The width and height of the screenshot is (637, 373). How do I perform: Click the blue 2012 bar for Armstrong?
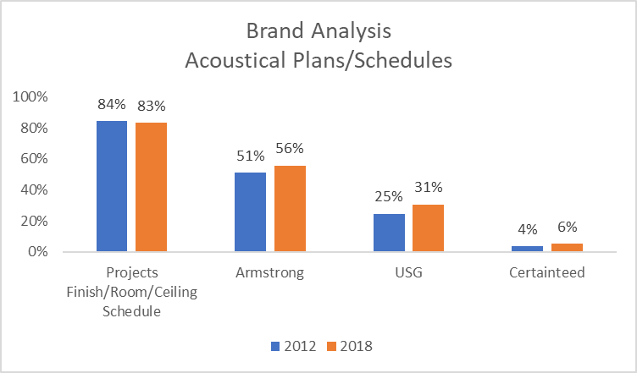[x=250, y=212]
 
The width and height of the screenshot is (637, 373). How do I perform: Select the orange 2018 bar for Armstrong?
[x=290, y=209]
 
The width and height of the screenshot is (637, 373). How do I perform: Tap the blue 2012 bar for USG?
[x=389, y=233]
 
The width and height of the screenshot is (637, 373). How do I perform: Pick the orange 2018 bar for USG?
[x=428, y=228]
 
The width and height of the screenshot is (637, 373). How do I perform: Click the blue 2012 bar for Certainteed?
[x=528, y=249]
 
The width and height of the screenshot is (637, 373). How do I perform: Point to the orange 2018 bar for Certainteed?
[x=568, y=248]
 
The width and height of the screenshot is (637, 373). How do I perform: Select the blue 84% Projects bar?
[x=112, y=186]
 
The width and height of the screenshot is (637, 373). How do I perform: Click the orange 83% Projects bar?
[x=151, y=187]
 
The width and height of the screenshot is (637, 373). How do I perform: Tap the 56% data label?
[x=290, y=148]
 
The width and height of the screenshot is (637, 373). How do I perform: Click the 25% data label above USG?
[x=389, y=196]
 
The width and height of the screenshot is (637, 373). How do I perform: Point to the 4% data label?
[x=528, y=230]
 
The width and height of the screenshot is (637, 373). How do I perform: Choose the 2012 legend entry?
[x=294, y=346]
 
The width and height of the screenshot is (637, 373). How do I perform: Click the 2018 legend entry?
[x=350, y=346]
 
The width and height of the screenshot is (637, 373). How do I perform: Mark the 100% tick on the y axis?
[x=30, y=97]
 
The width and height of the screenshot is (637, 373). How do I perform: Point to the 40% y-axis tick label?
[x=34, y=189]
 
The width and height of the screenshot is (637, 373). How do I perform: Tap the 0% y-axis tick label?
[x=38, y=252]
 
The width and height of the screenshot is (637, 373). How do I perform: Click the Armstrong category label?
[x=269, y=273]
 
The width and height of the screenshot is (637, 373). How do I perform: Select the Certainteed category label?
[x=547, y=272]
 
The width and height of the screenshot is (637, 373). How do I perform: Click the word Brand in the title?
[x=275, y=31]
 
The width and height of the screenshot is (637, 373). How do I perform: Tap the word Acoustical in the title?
[x=235, y=61]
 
